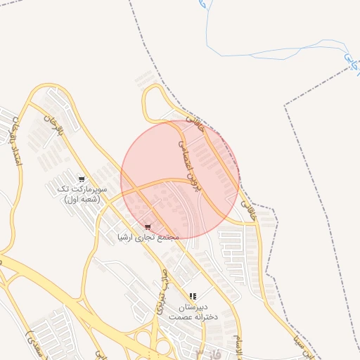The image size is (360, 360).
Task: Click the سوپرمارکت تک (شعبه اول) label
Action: click(x=82, y=195)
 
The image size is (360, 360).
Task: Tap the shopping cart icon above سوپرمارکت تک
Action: click(x=82, y=179)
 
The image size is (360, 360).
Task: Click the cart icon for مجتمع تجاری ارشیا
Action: click(x=148, y=226)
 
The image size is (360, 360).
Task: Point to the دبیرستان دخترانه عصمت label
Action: click(x=193, y=313)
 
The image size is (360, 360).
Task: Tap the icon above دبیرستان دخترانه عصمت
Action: click(x=193, y=297)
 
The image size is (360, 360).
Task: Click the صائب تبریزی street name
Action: click(x=160, y=291)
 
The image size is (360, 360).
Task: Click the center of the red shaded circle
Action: click(x=180, y=179)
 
